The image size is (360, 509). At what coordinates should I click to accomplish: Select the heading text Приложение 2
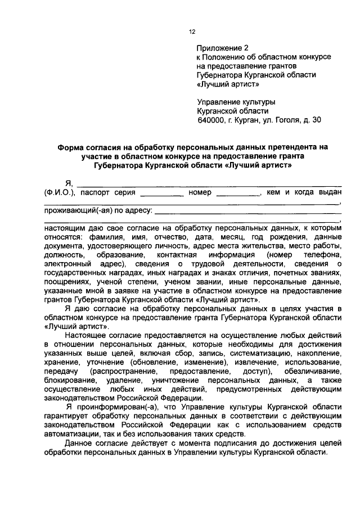222,49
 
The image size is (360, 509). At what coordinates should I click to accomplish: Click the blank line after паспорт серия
161,193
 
